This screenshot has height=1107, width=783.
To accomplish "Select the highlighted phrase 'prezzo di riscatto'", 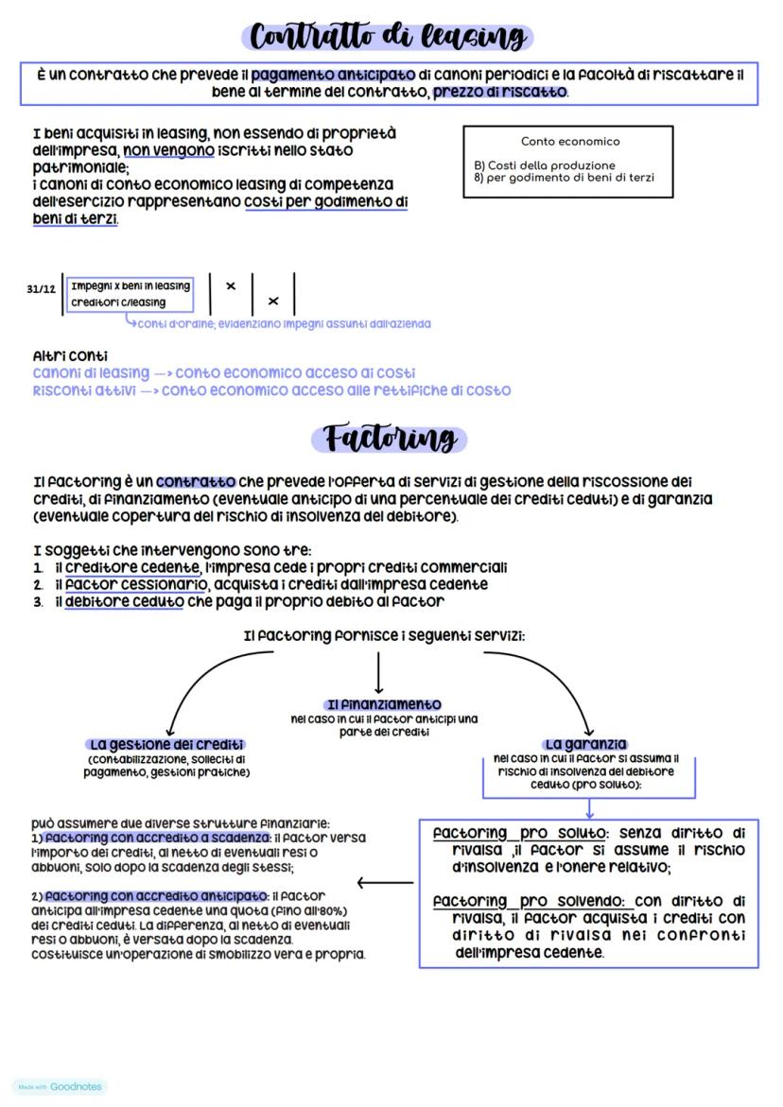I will coord(500,92).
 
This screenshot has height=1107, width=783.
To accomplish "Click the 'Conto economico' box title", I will coord(570,142).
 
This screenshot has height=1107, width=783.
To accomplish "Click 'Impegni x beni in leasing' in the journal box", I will coord(130,285).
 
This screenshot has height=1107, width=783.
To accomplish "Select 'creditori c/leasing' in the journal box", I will coord(118,303).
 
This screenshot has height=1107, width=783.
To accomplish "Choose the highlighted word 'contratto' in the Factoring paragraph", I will coord(196,481).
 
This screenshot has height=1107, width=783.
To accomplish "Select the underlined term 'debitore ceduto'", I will coord(124,601).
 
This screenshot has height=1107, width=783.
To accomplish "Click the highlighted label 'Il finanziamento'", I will coord(383,705).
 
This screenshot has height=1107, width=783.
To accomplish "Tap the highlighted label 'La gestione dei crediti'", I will coord(165,745).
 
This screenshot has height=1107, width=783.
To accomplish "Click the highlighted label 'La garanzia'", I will coord(586,745).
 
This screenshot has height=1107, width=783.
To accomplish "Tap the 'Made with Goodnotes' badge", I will coord(60,1087).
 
